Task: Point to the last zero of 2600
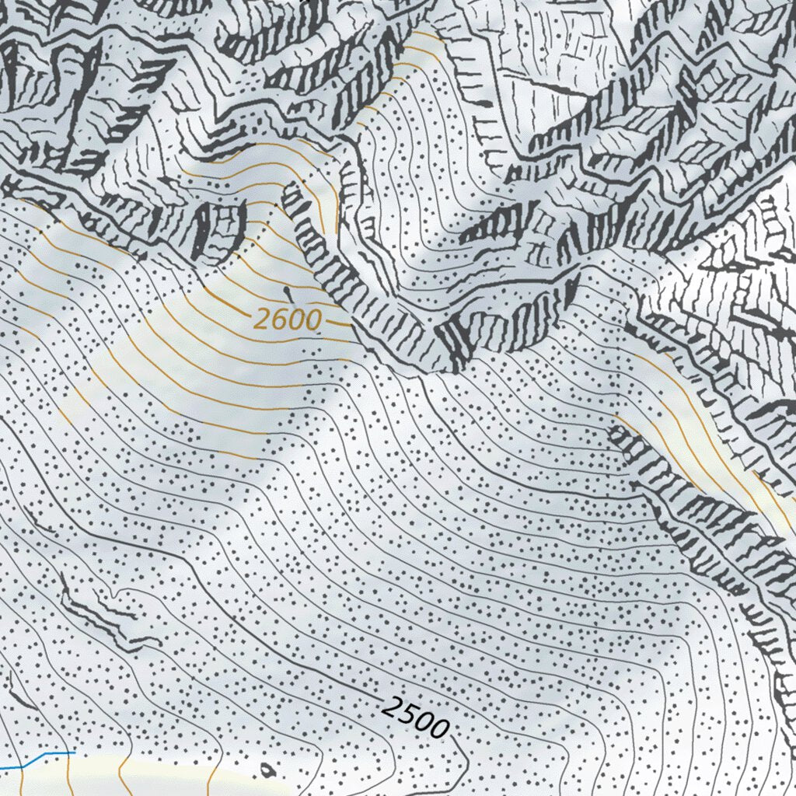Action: tap(312, 320)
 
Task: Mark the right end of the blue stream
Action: tap(75, 752)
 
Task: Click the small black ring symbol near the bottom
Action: tap(268, 770)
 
